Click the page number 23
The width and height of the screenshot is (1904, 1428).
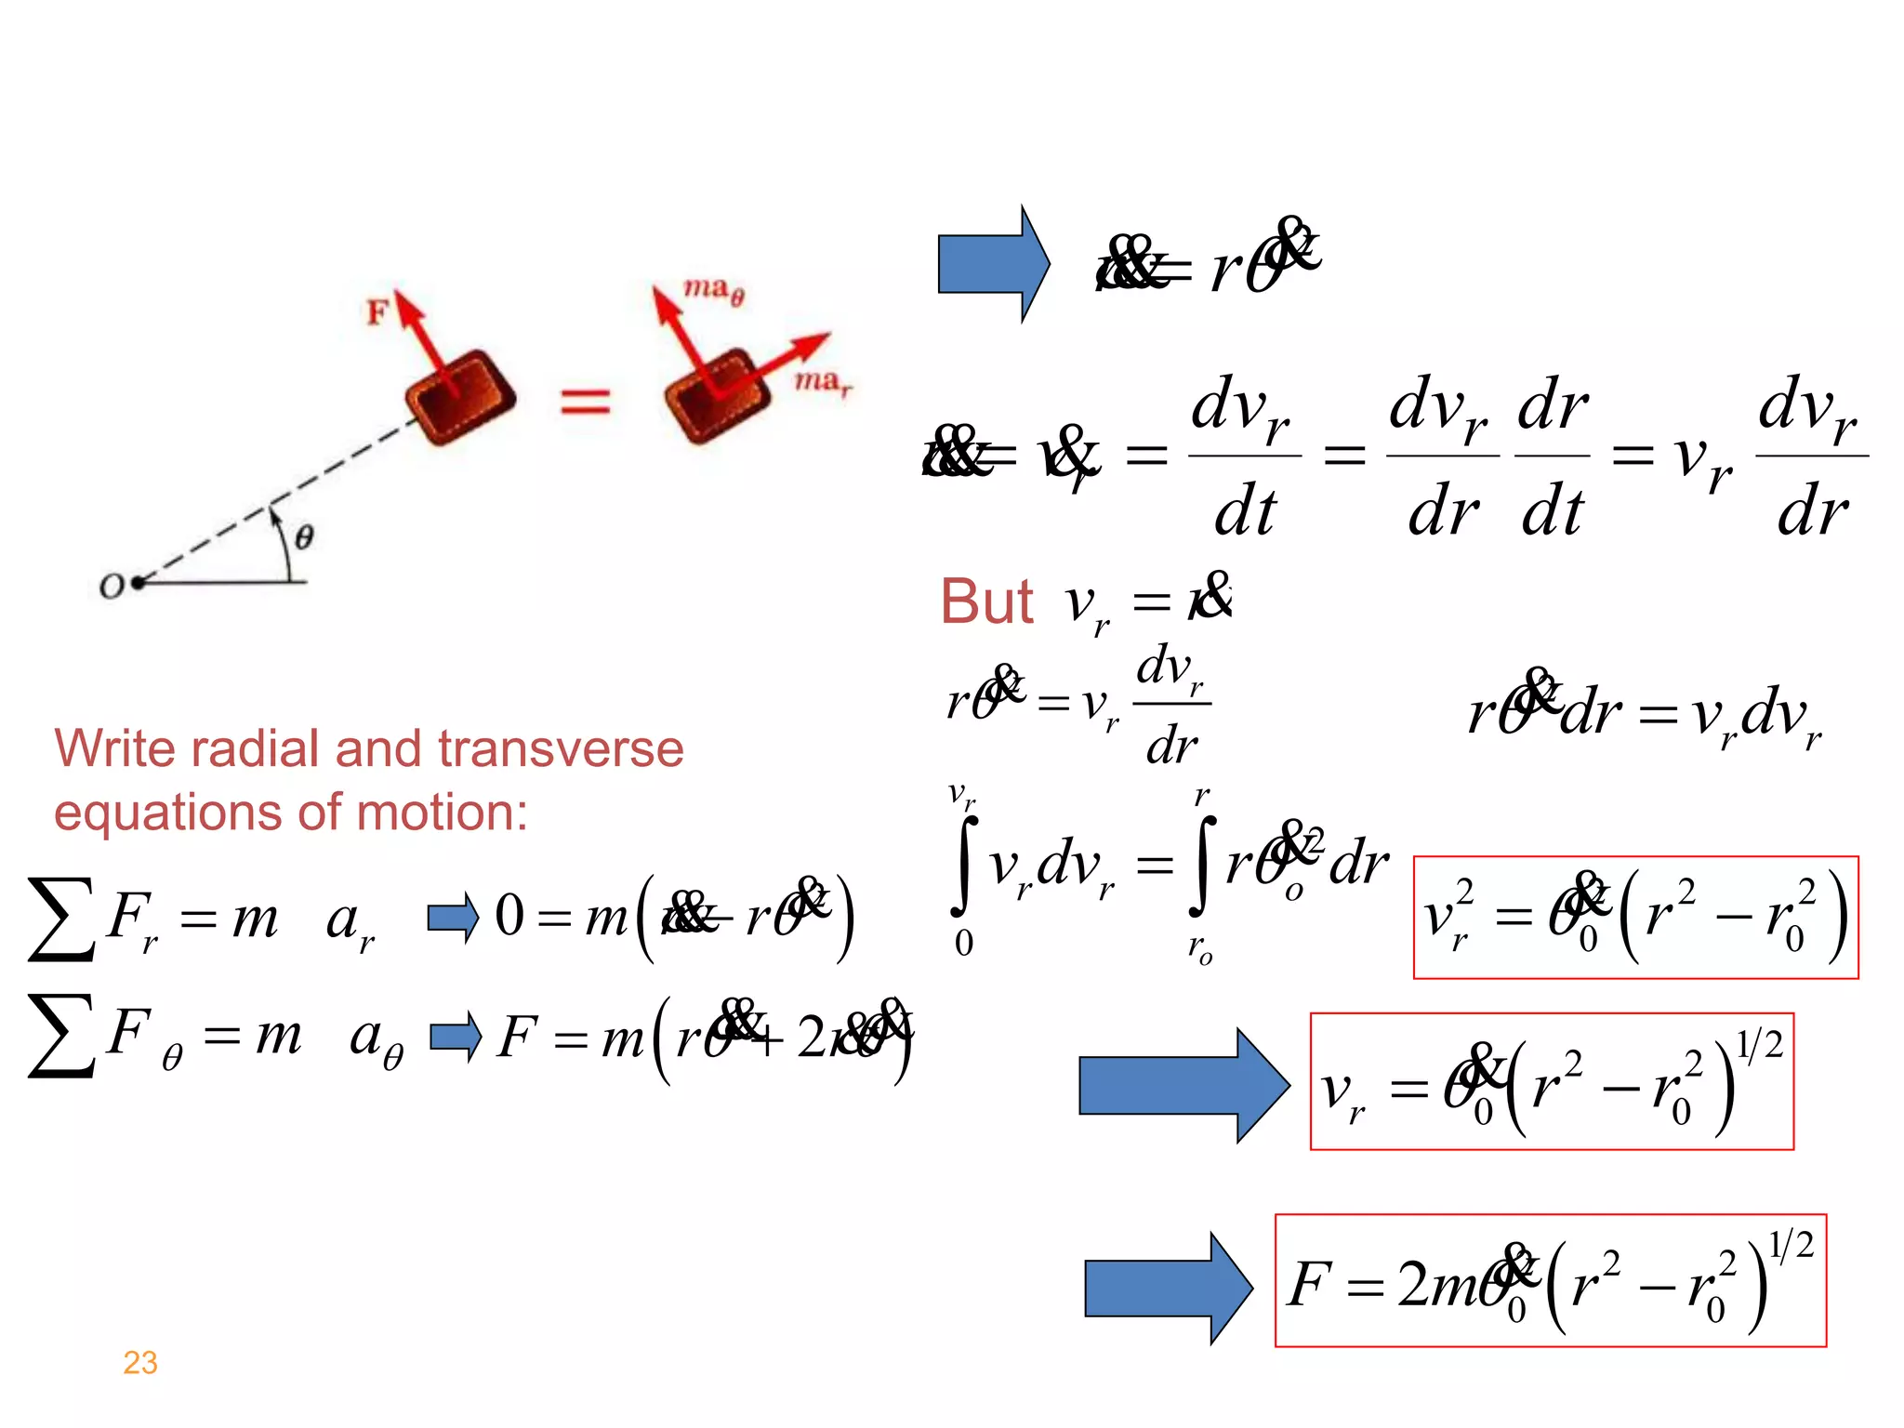pos(140,1362)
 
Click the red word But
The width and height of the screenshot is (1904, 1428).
pos(986,602)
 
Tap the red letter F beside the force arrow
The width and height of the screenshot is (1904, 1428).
pos(377,311)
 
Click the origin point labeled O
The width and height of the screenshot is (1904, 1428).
pos(137,583)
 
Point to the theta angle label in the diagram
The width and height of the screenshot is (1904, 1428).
pos(304,536)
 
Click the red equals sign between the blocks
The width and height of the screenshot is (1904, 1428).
pos(585,402)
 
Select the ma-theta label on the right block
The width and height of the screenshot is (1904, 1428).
pos(713,290)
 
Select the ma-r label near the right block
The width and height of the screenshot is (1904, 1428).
pos(822,381)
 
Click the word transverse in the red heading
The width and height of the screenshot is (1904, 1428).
pos(561,748)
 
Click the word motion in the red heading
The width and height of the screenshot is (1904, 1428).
pos(442,812)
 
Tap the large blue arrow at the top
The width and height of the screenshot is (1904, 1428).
pos(993,264)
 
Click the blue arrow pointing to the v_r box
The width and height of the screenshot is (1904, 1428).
pos(1183,1085)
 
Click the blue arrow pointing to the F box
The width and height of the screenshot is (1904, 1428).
pos(1167,1289)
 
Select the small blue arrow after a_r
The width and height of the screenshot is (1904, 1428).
pos(453,918)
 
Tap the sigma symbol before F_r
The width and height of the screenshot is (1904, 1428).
pos(61,919)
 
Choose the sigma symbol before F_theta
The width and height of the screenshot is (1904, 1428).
pos(61,1035)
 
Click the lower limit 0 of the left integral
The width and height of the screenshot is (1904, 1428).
pos(964,943)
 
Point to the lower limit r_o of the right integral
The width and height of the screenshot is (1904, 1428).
pos(1199,948)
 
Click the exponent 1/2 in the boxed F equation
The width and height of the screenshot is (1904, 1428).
pos(1790,1244)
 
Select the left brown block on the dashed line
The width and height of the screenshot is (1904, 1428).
pos(460,397)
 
